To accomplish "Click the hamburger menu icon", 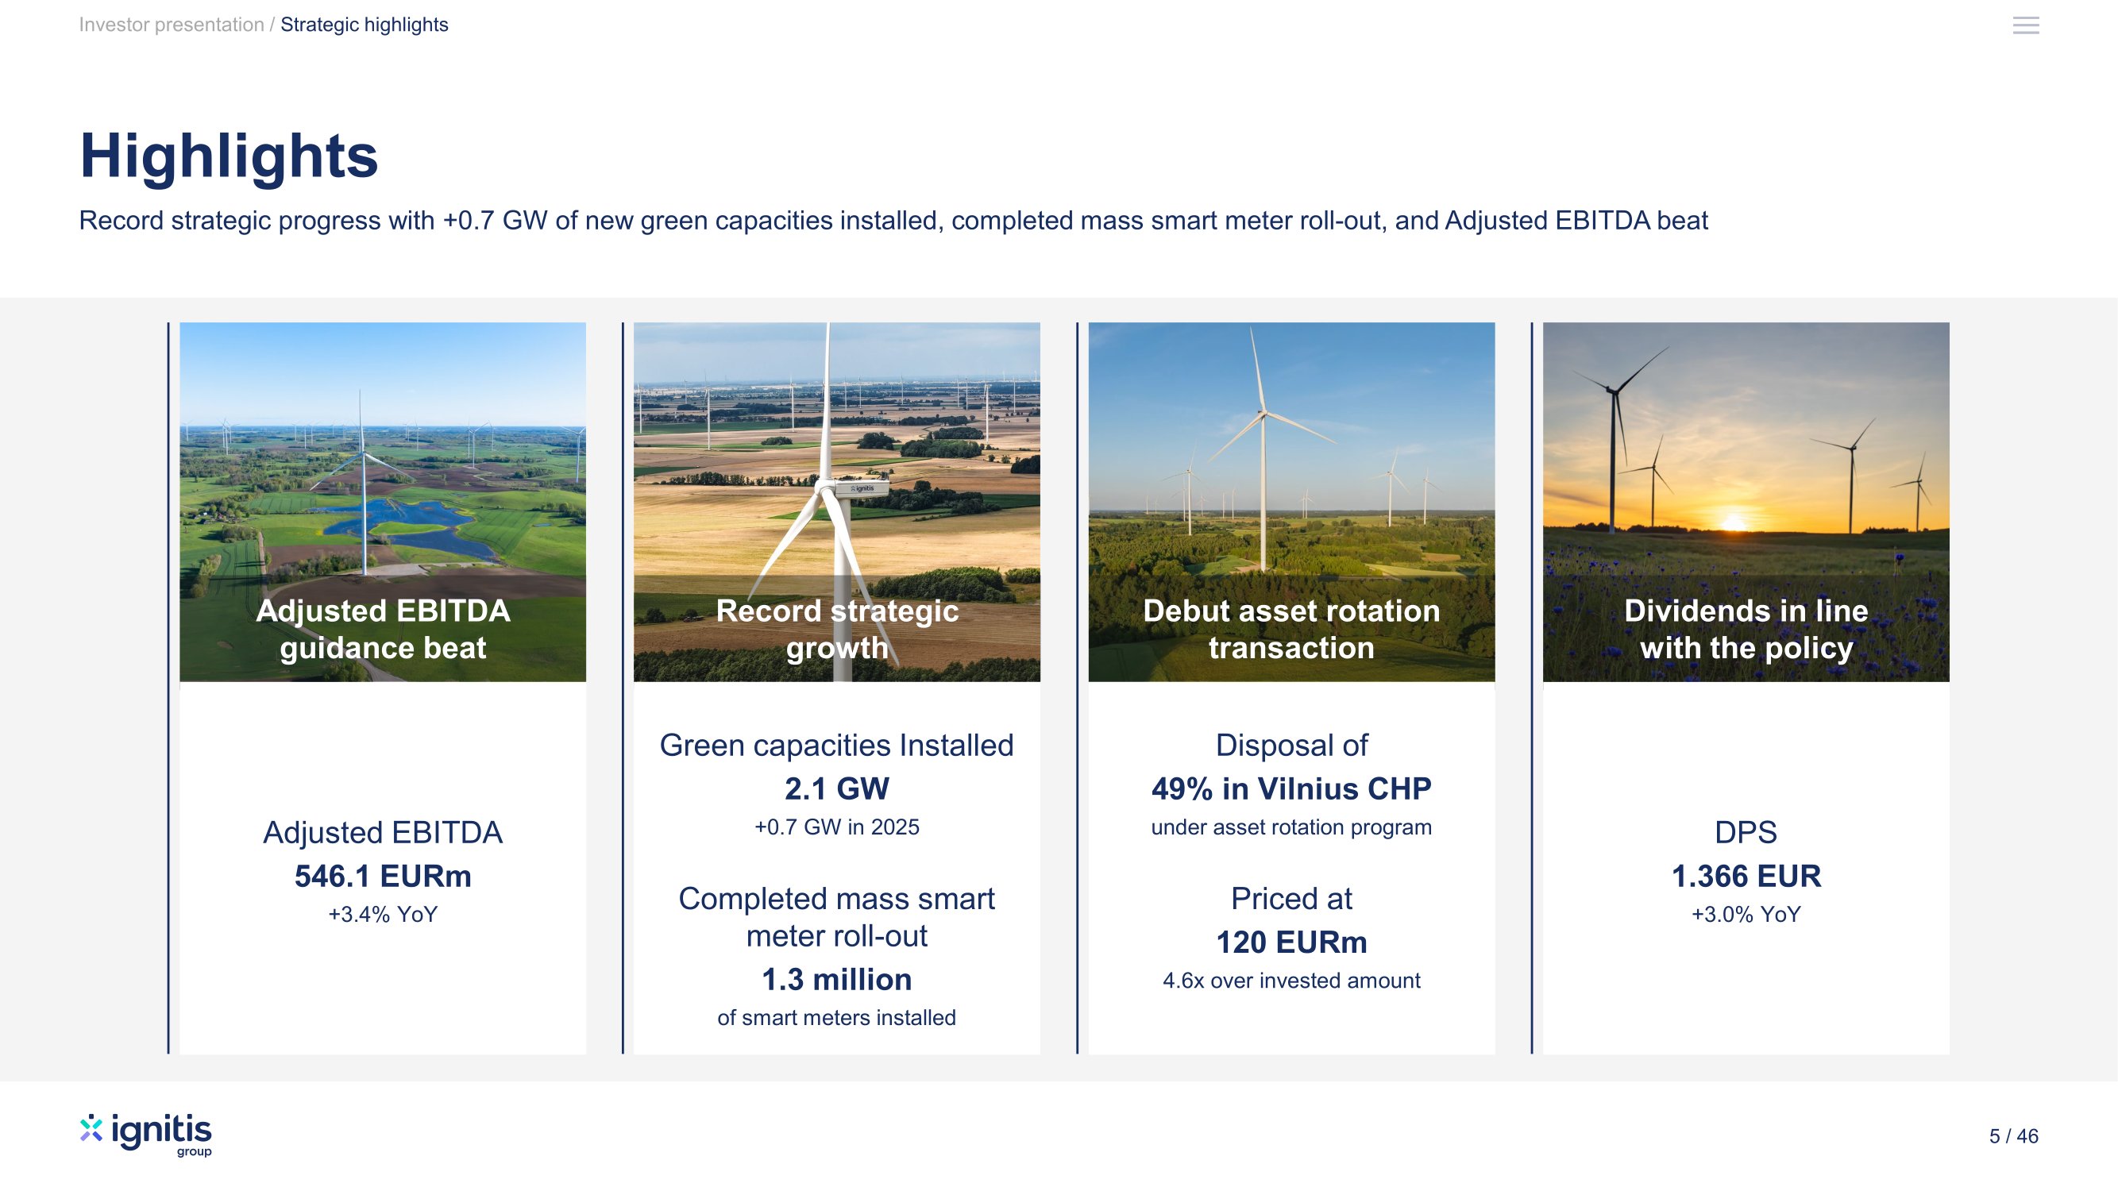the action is (2025, 25).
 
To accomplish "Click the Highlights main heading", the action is (229, 156).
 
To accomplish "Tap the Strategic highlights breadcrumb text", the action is (365, 25).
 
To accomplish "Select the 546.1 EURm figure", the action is (383, 877).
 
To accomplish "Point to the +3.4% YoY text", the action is (383, 915).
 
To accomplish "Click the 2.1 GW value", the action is (837, 789).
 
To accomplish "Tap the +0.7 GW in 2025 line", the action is (837, 827).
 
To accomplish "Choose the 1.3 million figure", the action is (837, 980).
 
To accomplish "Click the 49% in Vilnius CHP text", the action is (1291, 789).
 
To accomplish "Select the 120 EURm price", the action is (1291, 942).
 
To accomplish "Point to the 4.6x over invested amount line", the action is (1291, 981).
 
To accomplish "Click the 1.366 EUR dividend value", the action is (1746, 877).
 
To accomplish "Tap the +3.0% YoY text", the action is (1746, 915).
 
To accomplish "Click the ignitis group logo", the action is (145, 1135).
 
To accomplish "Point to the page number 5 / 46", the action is (2014, 1136).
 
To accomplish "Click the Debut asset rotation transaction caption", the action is (1291, 630).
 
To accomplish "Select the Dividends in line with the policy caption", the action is (1746, 630).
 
